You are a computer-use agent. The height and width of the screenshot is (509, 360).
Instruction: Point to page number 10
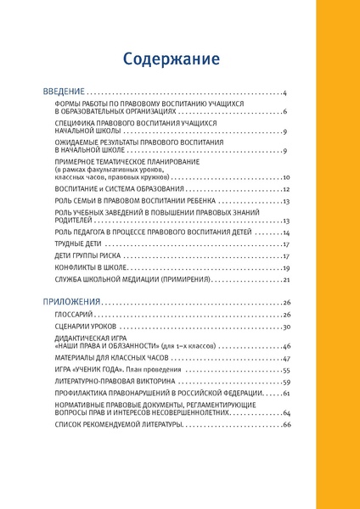pos(287,178)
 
